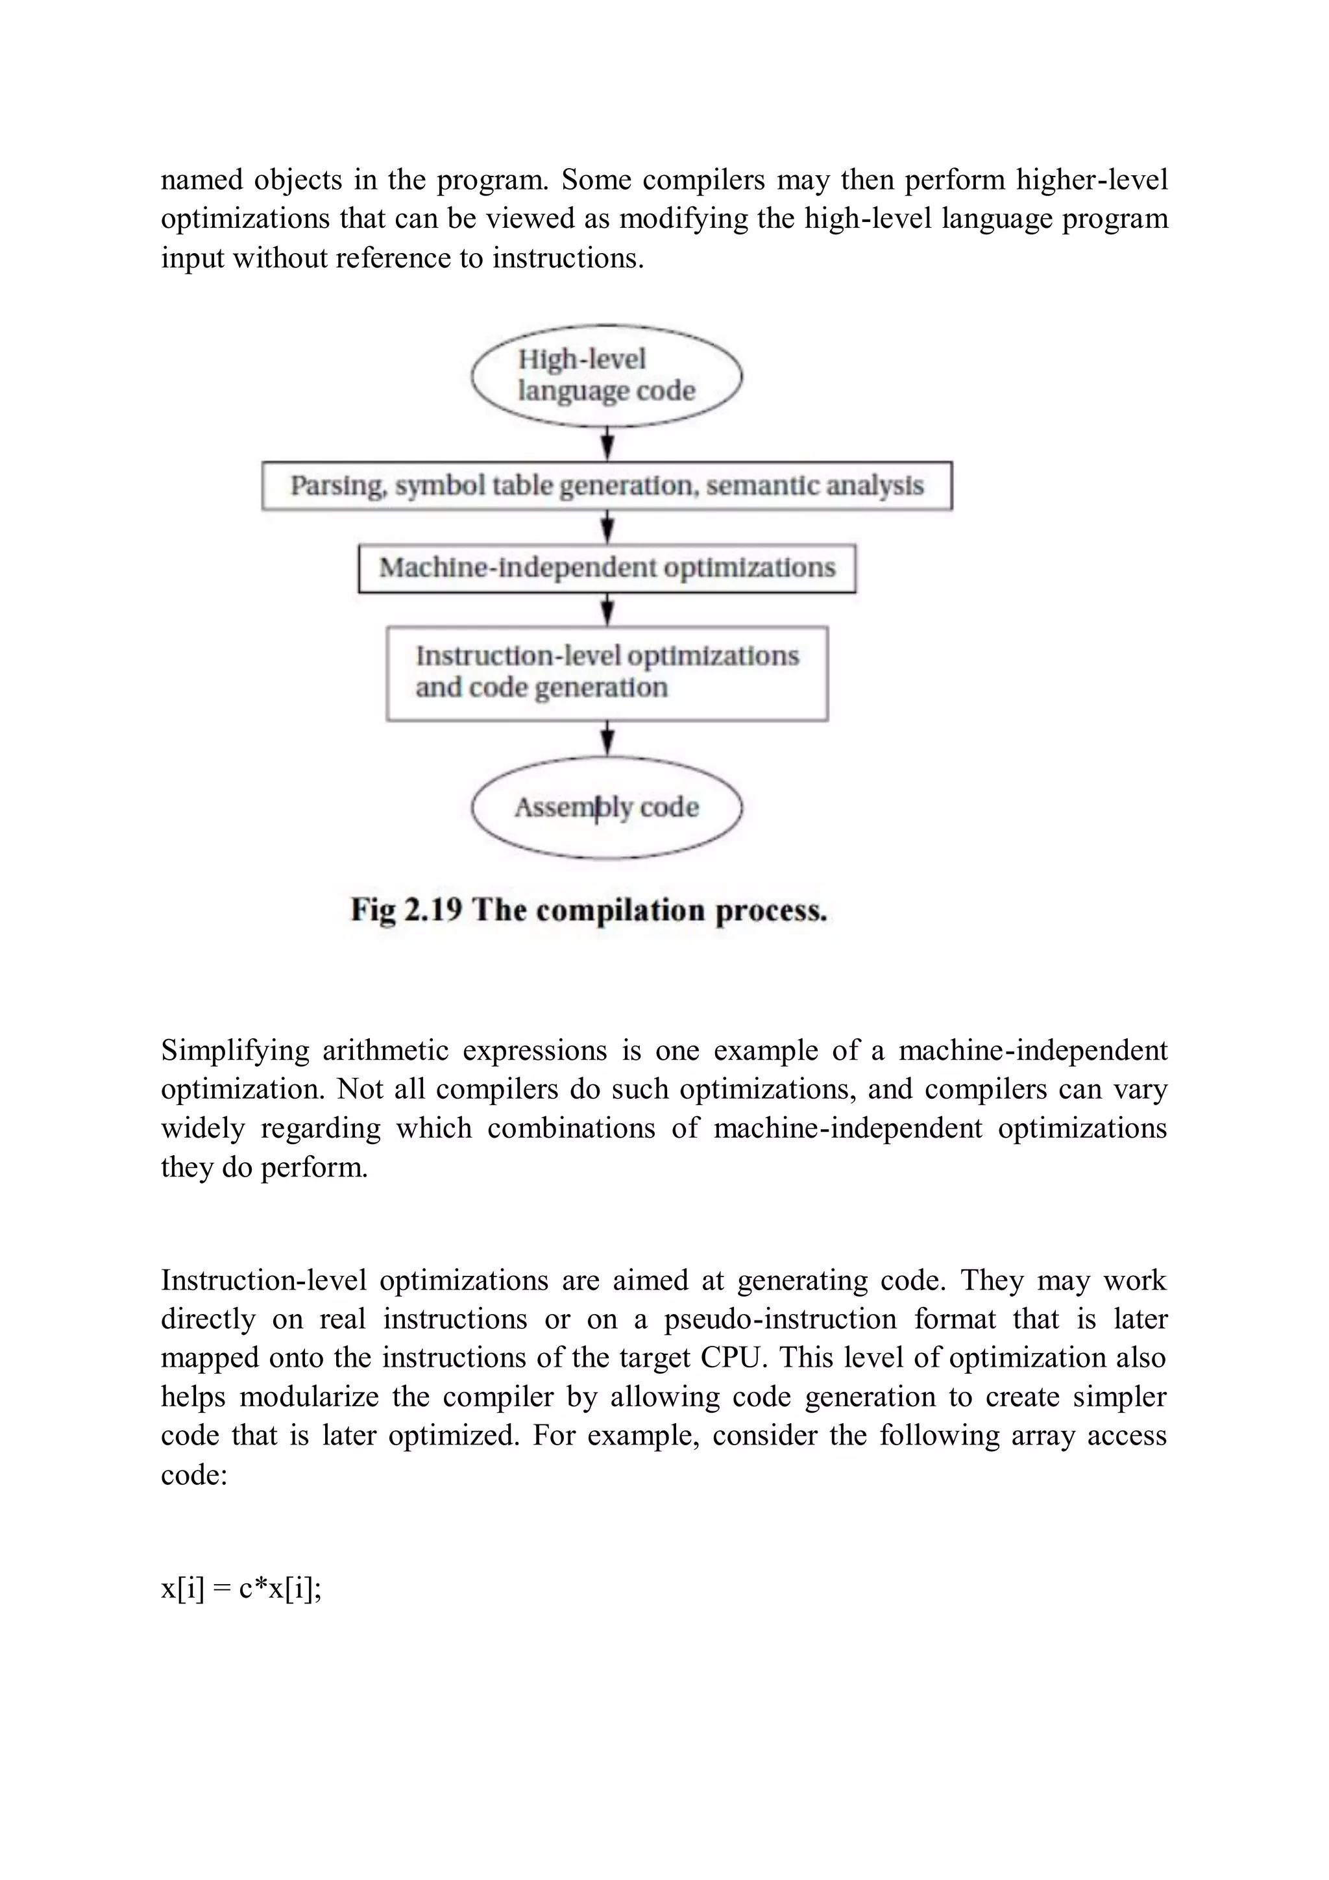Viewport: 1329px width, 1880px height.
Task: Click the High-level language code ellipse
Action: pos(606,376)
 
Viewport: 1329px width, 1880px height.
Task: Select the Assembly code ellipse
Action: pos(606,807)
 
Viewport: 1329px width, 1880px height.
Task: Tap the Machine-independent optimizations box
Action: pos(607,567)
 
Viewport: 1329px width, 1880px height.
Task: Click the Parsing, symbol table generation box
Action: pos(607,485)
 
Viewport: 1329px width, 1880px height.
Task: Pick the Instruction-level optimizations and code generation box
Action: pos(607,673)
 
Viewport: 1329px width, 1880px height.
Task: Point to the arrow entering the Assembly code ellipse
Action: pos(607,739)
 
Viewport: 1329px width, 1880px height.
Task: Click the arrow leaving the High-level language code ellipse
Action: pos(607,445)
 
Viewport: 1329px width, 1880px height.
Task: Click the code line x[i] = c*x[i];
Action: pos(241,1589)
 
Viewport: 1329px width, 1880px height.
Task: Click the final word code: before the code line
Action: pos(194,1474)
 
